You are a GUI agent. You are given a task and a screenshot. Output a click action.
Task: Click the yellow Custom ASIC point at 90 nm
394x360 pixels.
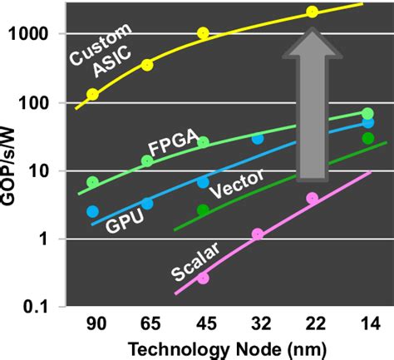[x=92, y=94]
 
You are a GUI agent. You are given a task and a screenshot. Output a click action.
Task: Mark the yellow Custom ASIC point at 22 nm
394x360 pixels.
[x=313, y=12]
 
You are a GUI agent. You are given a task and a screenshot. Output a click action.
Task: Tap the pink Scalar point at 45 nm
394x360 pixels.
[x=203, y=278]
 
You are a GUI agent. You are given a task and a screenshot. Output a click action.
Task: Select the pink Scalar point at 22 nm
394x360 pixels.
[x=313, y=198]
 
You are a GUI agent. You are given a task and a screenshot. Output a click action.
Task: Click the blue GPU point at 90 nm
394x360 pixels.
[x=92, y=211]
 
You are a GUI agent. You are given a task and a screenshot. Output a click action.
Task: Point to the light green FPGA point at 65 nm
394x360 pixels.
[x=147, y=160]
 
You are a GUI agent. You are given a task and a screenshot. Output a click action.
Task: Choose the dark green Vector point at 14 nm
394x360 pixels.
[x=367, y=138]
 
